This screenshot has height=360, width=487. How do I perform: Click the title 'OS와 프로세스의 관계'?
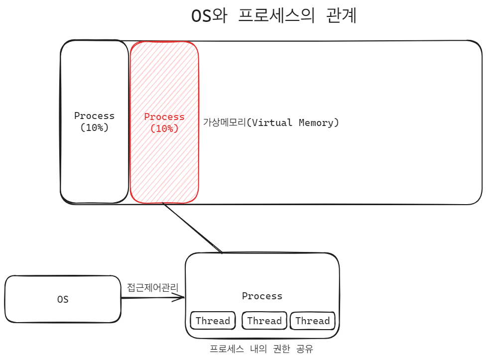point(274,16)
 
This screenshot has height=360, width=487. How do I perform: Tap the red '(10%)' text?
point(164,128)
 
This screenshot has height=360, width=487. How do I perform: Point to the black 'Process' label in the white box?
point(94,116)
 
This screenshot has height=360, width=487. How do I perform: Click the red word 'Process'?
point(164,117)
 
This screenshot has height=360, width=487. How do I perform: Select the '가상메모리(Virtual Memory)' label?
point(271,122)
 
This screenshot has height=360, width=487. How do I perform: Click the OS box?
point(63,300)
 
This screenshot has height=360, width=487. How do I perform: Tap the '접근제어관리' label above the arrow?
point(152,288)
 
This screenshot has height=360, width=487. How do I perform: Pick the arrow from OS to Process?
point(149,298)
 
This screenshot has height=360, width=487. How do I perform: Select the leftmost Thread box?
point(213,321)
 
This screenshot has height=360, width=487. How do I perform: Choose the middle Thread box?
point(264,321)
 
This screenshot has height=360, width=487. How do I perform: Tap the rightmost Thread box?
point(313,321)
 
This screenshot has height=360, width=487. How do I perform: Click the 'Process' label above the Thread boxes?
point(262,296)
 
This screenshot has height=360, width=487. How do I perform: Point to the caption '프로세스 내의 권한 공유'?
point(262,349)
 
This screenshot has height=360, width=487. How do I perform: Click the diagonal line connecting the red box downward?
point(192,228)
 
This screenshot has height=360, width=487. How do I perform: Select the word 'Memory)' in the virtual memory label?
point(319,122)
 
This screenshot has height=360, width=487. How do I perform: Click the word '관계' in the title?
point(342,16)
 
